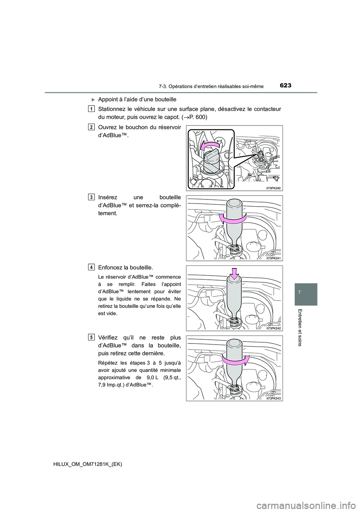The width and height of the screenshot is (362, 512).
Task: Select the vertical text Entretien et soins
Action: tap(306, 328)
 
